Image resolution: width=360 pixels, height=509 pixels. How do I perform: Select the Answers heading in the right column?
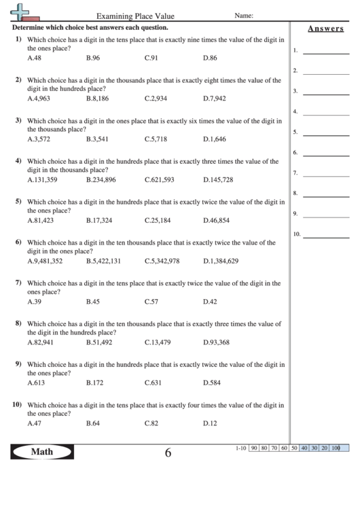[324, 29]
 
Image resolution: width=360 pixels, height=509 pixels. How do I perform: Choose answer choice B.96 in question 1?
[93, 58]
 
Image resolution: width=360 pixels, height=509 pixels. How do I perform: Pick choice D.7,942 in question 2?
[214, 99]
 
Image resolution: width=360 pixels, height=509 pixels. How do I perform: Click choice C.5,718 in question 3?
[156, 139]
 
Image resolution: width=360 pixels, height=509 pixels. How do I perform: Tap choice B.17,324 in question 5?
[99, 220]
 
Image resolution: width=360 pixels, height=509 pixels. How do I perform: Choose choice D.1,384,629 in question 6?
[221, 261]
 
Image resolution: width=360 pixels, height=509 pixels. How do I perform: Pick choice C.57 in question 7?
[151, 302]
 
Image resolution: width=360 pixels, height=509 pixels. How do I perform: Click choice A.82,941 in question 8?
[39, 342]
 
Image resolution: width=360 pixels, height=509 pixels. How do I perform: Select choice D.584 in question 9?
[211, 383]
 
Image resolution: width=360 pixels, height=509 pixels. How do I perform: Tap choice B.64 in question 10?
[93, 423]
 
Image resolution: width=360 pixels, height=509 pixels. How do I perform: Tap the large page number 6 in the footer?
[168, 453]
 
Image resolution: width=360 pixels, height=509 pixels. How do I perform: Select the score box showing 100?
[336, 448]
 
